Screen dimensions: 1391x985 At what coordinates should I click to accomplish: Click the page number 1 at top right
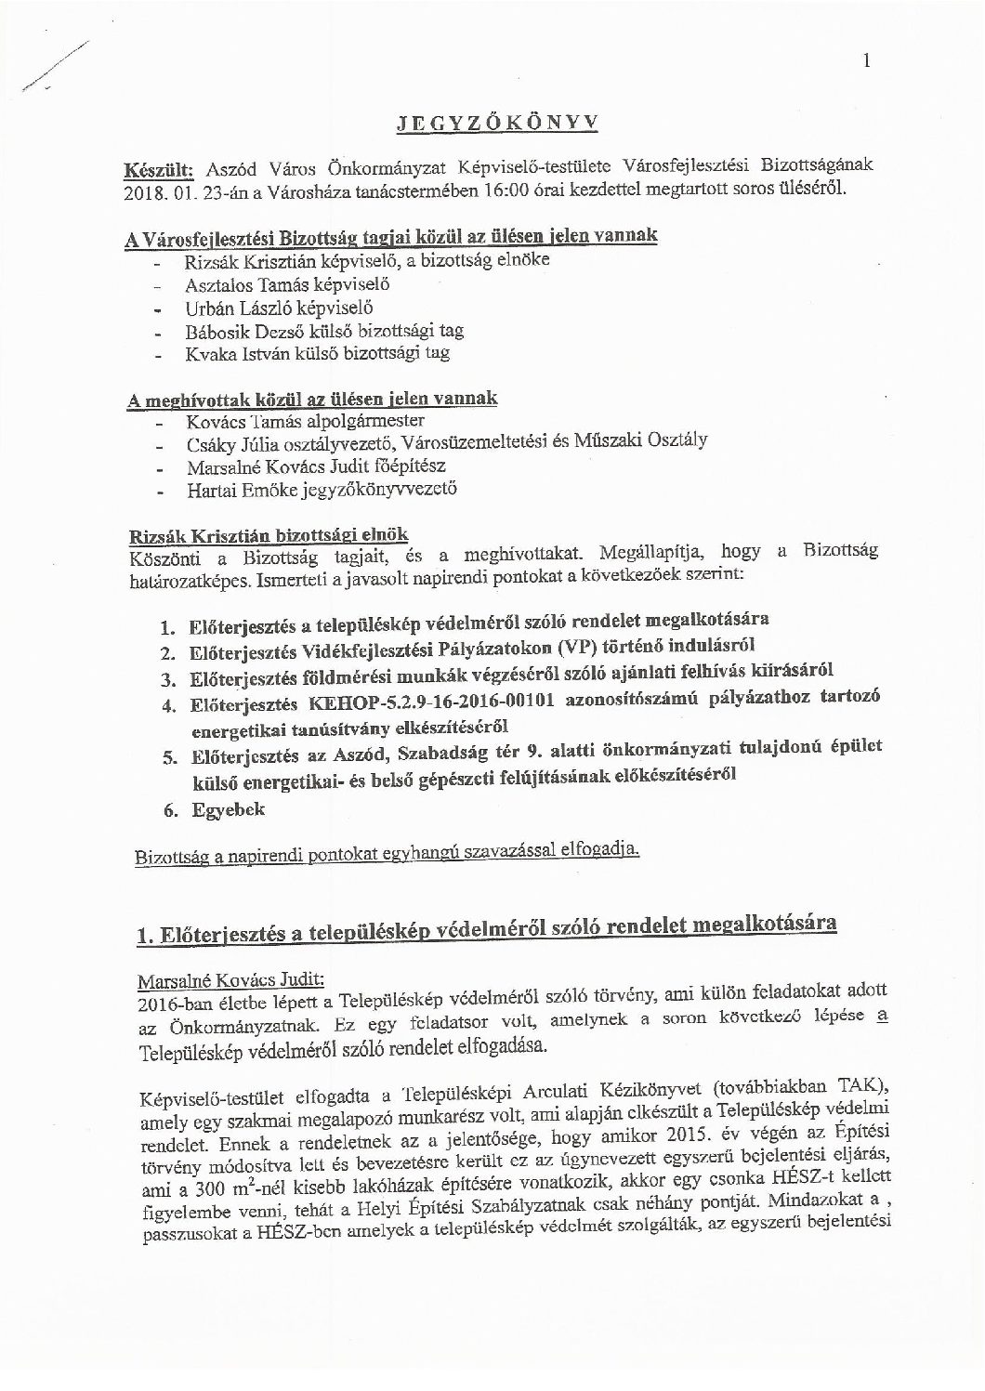(x=866, y=62)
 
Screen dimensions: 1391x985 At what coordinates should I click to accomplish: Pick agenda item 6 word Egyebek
(x=228, y=809)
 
